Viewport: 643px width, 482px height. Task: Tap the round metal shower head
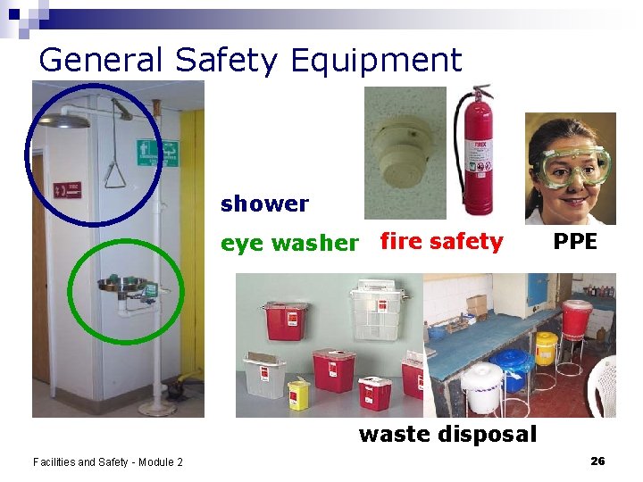[x=66, y=120]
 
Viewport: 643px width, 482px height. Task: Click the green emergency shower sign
[x=157, y=154]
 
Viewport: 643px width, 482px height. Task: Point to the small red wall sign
[x=67, y=190]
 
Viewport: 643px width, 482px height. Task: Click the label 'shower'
[x=264, y=204]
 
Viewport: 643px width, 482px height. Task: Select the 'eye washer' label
[x=289, y=243]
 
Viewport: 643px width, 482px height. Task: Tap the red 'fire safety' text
[x=441, y=241]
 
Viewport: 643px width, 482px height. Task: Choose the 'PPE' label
[x=574, y=241]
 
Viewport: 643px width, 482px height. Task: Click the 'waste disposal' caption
[x=447, y=435]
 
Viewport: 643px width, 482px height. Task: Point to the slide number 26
[x=597, y=461]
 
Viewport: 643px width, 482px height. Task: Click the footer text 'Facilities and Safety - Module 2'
[x=107, y=461]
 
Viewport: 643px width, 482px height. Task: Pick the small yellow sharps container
[x=297, y=394]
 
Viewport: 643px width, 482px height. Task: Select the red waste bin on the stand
[x=576, y=320]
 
